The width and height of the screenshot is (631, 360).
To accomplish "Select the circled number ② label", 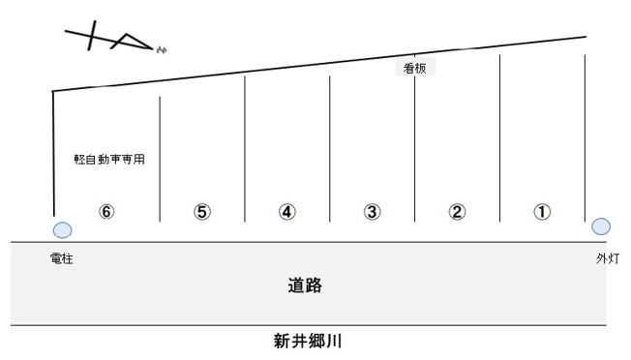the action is coord(458,212).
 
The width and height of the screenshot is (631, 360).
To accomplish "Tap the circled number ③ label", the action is coord(373,212).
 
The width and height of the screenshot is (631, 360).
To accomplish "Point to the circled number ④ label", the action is coord(287,212).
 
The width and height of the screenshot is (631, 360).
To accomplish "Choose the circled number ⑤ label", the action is coord(202,212).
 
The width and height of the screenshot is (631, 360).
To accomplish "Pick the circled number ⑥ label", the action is coord(107,212).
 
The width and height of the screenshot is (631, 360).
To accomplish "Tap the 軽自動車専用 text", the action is coord(109,159).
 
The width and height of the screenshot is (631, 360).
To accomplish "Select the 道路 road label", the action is coord(304,285).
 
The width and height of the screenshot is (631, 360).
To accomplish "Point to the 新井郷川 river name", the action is coord(309,342).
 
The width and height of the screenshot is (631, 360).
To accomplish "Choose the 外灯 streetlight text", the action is coord(608,259).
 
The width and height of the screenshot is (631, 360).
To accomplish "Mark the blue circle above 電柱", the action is coord(62,230).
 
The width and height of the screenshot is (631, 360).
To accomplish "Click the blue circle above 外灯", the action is coord(601,227).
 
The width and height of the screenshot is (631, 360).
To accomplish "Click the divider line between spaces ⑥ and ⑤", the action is coord(160,160).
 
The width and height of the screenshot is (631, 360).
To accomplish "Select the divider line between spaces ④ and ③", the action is coord(330,150).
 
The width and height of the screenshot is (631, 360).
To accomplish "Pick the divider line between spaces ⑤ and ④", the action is coord(245,150).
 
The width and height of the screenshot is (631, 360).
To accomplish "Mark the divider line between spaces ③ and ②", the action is coord(415,145).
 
